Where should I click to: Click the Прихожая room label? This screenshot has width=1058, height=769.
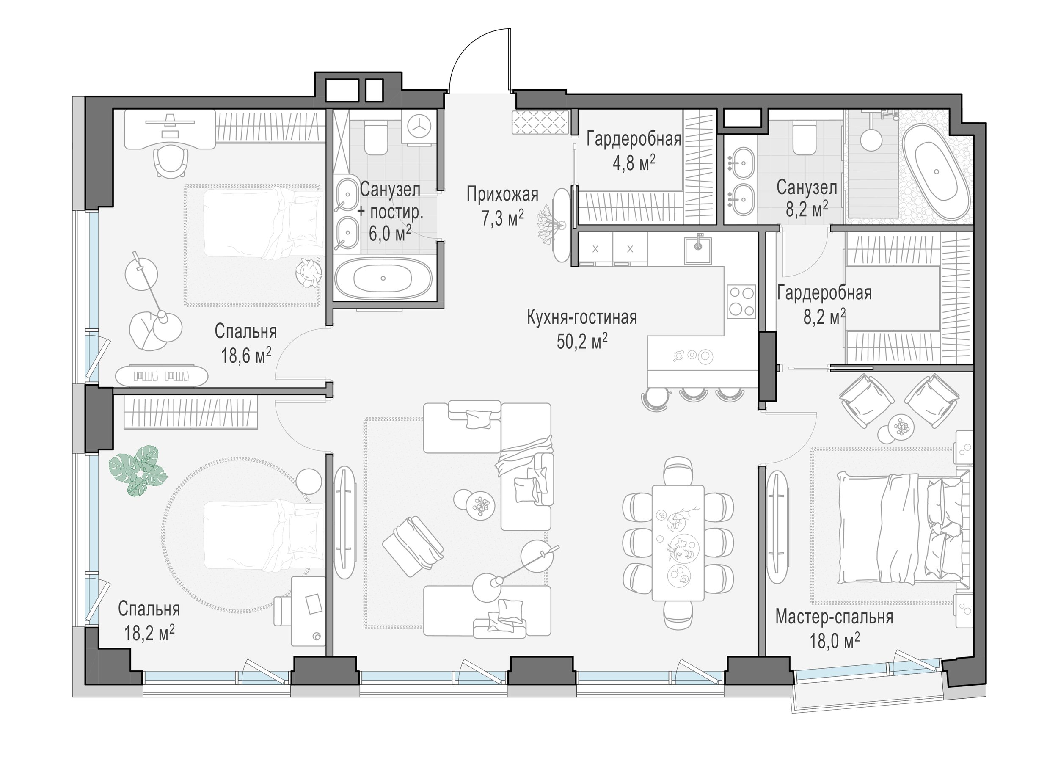click(x=502, y=194)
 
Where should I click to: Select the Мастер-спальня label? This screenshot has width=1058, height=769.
click(x=834, y=617)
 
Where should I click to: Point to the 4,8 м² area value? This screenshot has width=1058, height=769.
click(x=634, y=164)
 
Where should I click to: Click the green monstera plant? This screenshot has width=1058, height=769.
click(x=138, y=470)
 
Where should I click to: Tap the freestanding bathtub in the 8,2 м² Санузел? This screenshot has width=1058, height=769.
click(x=936, y=171)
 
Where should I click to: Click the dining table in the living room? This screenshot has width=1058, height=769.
click(x=678, y=543)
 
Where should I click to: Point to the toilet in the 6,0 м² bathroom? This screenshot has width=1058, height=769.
click(x=375, y=137)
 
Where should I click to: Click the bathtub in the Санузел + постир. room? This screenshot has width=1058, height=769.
click(x=383, y=278)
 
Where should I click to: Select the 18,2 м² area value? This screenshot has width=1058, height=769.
click(x=149, y=633)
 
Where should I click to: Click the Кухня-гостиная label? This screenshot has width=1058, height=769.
click(x=582, y=317)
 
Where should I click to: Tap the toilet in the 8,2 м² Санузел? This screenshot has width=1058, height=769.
click(x=804, y=137)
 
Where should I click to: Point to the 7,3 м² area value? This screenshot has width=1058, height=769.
click(x=503, y=218)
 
